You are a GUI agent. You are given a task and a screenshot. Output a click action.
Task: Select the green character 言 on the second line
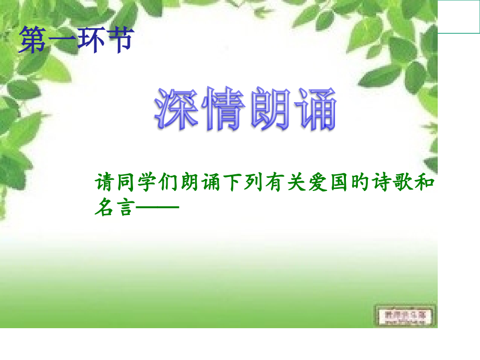(126, 207)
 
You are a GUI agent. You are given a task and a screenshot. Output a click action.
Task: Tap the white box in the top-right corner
(459, 17)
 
